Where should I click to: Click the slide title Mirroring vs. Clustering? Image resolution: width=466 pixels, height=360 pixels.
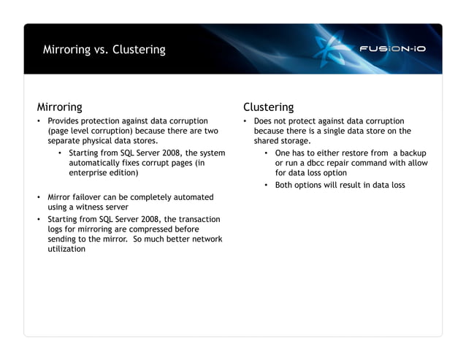pyautogui.click(x=104, y=50)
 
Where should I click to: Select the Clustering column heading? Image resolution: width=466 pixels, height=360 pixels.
pyautogui.click(x=268, y=107)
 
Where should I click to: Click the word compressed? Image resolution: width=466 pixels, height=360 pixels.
pyautogui.click(x=150, y=229)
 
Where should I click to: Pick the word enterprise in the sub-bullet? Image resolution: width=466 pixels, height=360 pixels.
pyautogui.click(x=93, y=173)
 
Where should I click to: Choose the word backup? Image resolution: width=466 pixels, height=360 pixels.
pyautogui.click(x=413, y=153)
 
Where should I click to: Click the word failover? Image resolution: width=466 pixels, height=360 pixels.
pyautogui.click(x=89, y=197)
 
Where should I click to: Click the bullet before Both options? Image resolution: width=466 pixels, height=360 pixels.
pyautogui.click(x=267, y=185)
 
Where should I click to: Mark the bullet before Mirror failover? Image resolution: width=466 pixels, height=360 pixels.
pyautogui.click(x=39, y=197)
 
